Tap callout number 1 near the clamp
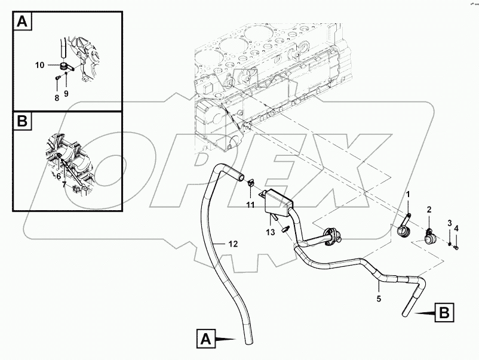pyautogui.click(x=409, y=195)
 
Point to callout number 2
pyautogui.click(x=428, y=210)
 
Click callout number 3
pyautogui.click(x=449, y=223)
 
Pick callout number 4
pyautogui.click(x=456, y=227)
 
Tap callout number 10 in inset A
pyautogui.click(x=39, y=64)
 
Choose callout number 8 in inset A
pyautogui.click(x=57, y=97)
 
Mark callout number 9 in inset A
pyautogui.click(x=66, y=93)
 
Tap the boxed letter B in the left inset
pyautogui.click(x=22, y=122)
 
